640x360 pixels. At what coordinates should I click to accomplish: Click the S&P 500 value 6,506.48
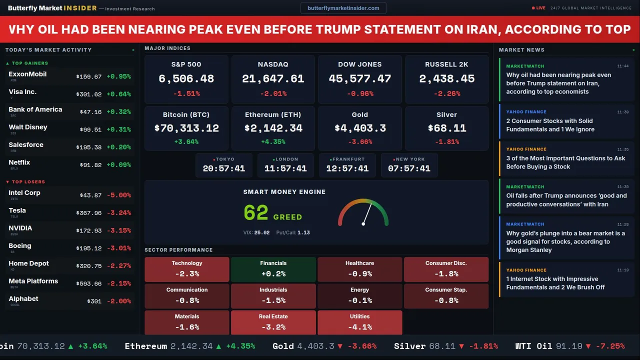coord(186,79)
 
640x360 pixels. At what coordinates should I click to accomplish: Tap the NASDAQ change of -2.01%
coord(273,93)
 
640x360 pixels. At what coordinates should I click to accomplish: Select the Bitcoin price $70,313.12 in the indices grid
coord(186,128)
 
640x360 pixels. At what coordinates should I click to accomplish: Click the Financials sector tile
coord(273,269)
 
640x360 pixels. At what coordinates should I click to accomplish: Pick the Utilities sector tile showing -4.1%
coord(359,322)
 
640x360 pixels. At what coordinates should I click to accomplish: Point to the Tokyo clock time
coord(223,168)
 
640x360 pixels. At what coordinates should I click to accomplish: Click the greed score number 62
coord(256,213)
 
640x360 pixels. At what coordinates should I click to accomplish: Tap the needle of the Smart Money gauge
coord(367,213)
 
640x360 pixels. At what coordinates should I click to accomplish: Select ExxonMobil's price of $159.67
coord(89,76)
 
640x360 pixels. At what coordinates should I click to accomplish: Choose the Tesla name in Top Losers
coord(17,210)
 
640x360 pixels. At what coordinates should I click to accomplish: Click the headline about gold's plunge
coord(565,241)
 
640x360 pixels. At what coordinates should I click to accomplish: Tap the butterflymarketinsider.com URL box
coord(343,8)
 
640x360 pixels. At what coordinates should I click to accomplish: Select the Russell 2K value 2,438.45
coord(446,79)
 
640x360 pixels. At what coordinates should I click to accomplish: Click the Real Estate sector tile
coord(273,322)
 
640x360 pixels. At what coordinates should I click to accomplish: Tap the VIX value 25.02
coord(261,232)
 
